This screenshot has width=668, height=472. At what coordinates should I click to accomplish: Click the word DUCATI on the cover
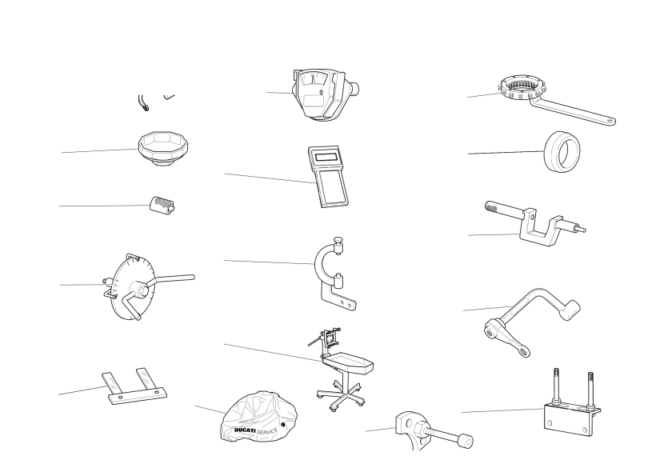pos(245,430)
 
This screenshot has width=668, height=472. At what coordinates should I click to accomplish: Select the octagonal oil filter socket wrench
pos(163,148)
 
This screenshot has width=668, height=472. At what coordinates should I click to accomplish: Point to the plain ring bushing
pos(562,151)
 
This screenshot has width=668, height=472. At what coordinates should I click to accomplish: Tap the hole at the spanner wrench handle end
pos(610,121)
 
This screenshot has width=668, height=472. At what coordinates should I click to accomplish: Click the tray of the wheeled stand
pos(348,362)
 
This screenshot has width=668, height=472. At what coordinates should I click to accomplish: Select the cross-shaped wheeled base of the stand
pos(341,394)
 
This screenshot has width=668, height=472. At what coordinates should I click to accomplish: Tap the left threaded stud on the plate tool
pos(556,386)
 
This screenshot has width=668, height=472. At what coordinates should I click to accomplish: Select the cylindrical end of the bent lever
pos(570,310)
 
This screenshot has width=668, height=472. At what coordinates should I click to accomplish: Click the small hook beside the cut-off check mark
pos(143,102)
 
